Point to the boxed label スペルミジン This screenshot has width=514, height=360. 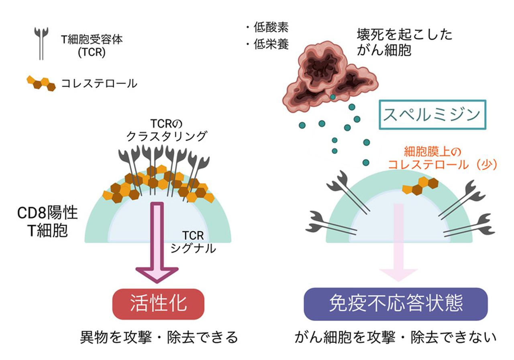coord(432,115)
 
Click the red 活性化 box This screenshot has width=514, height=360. coord(159,304)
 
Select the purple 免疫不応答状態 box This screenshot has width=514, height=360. coord(396,304)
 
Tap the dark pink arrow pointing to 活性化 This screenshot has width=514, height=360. coord(157,241)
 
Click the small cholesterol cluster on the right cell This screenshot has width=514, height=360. coord(420,186)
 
